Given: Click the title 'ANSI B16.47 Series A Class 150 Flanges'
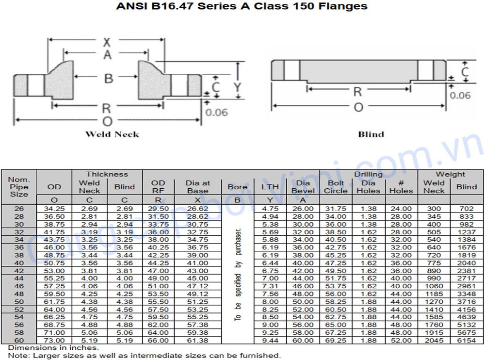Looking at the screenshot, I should [241, 6].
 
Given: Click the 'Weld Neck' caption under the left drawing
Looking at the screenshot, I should [112, 134].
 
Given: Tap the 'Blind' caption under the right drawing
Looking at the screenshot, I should [371, 134].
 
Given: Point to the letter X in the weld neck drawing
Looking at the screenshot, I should [107, 43].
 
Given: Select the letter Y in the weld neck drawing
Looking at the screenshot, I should [237, 87].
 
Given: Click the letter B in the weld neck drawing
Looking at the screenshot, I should [109, 78].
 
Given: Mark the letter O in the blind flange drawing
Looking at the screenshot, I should [358, 107].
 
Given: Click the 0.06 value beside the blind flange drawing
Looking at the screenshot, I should [460, 96].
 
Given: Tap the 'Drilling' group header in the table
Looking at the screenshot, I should [368, 174].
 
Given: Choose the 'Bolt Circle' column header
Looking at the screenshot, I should [336, 187].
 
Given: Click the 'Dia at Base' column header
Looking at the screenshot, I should [197, 187].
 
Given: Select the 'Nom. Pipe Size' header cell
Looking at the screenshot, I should [19, 187].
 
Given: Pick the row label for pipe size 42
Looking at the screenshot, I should [19, 270].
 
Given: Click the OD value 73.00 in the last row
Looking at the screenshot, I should [54, 341].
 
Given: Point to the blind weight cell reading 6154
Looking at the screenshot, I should [467, 341].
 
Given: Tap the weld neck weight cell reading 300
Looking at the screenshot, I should [434, 209].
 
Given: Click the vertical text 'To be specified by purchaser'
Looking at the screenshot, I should [238, 274].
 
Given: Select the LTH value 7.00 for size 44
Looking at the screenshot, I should [270, 278].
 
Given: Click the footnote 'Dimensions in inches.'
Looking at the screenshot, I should [53, 348].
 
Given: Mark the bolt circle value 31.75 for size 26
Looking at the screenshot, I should [336, 209].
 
